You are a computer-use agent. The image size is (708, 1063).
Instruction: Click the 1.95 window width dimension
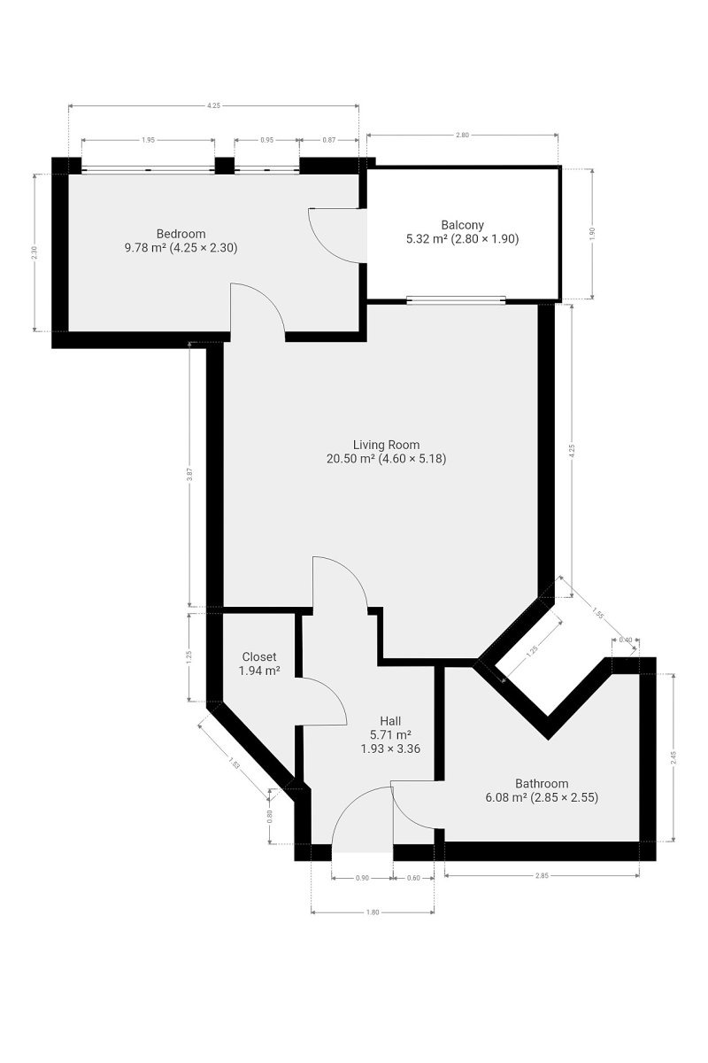tap(148, 140)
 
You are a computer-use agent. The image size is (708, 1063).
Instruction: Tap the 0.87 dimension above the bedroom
tap(329, 140)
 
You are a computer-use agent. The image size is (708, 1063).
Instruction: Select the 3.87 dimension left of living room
tap(189, 474)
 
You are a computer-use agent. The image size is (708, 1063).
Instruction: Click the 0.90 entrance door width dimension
tap(362, 878)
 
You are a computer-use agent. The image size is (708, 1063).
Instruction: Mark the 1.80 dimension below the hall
tap(373, 912)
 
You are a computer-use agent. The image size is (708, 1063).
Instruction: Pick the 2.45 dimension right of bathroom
tap(673, 757)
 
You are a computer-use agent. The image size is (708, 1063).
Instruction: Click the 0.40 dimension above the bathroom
tap(626, 640)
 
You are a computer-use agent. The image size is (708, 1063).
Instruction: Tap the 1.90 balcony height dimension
tap(592, 234)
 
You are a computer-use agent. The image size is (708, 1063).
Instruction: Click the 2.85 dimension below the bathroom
tap(542, 875)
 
